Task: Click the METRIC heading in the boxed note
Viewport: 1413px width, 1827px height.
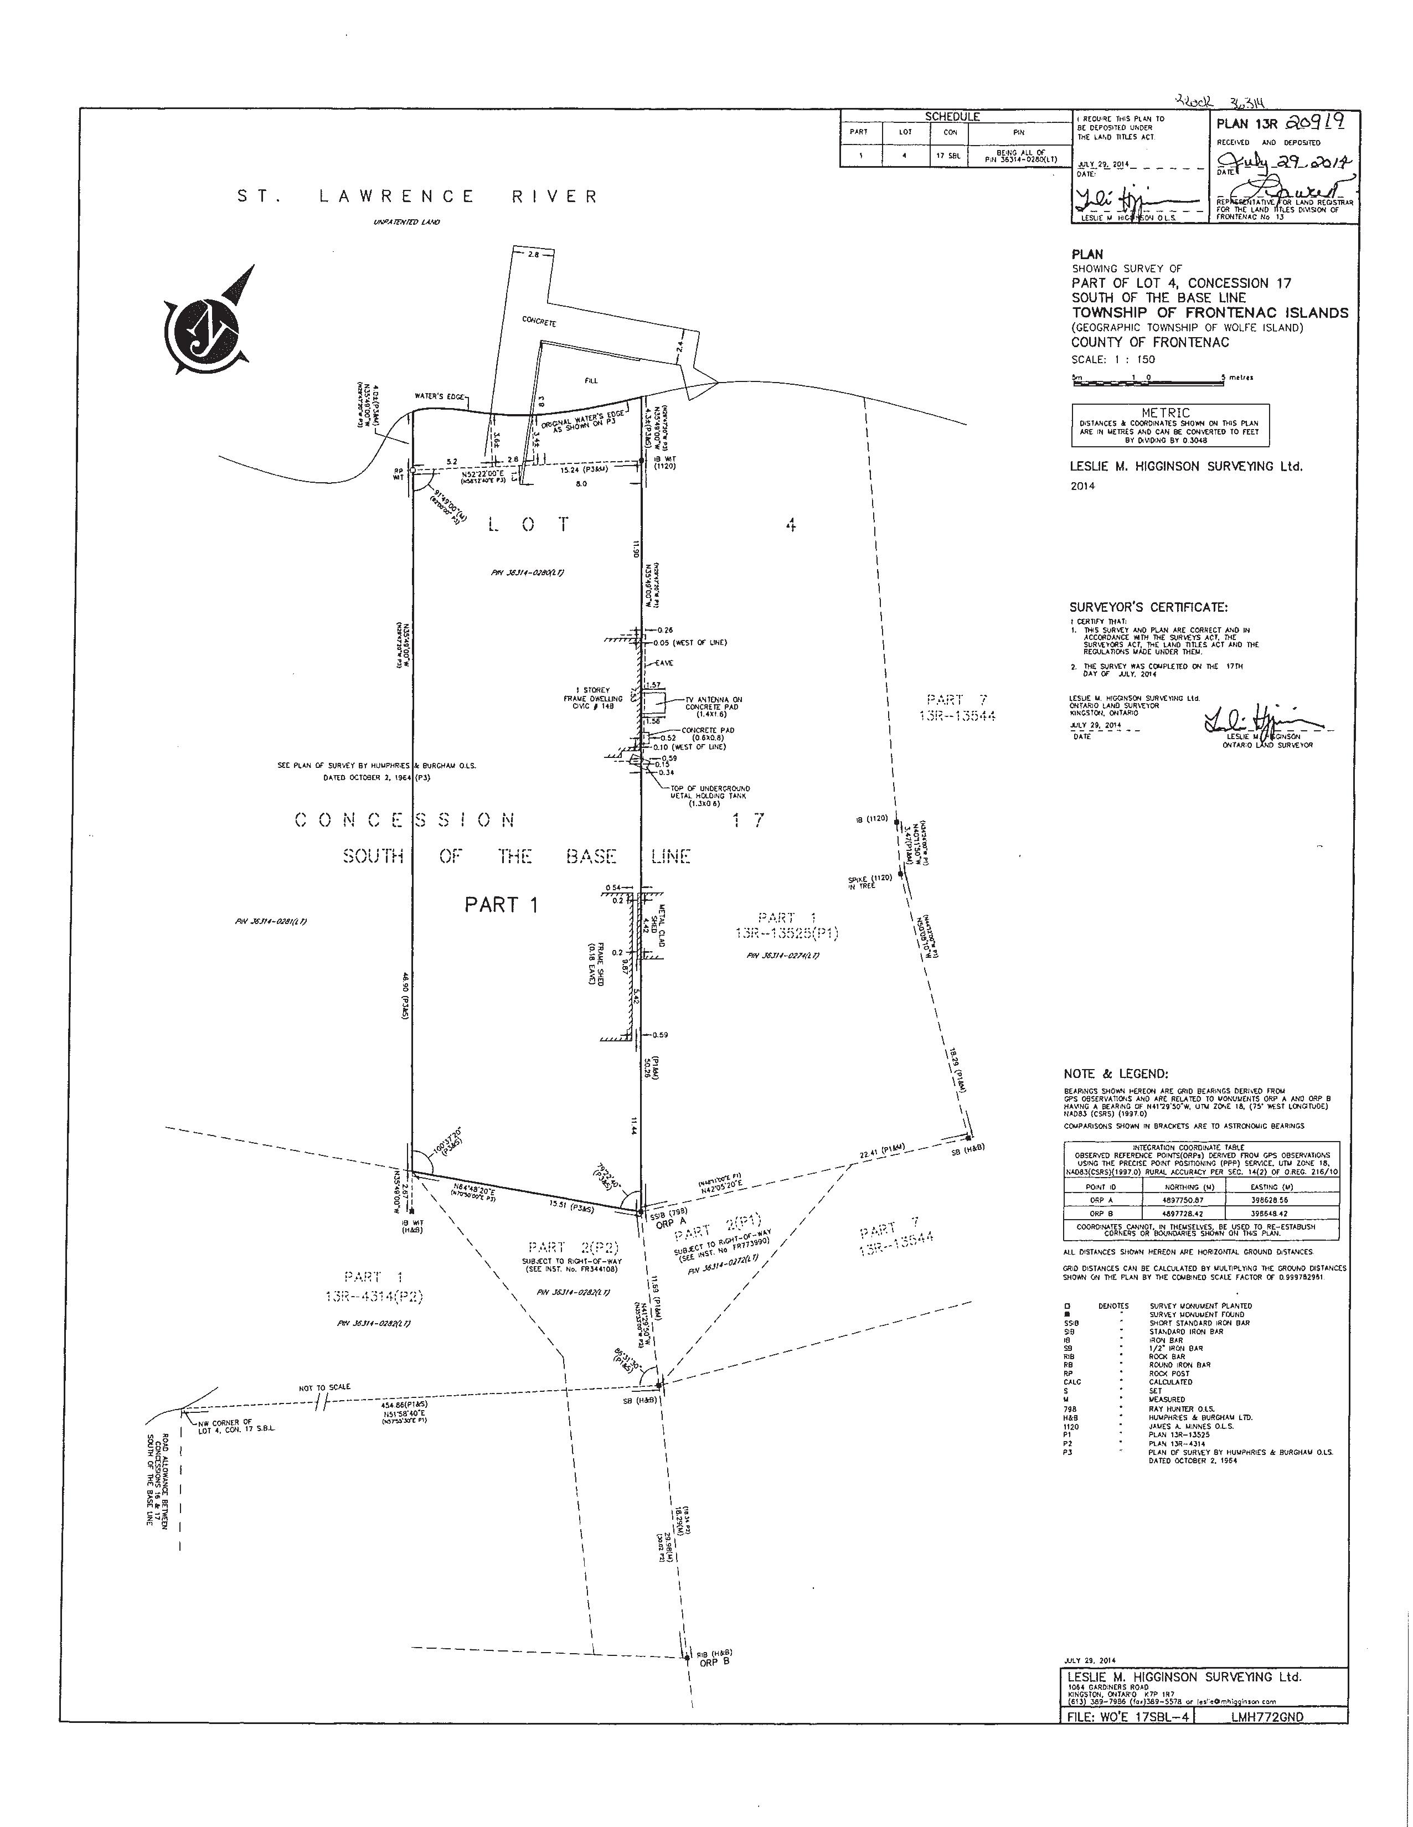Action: pyautogui.click(x=1170, y=412)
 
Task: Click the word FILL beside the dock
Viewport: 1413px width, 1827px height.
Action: pyautogui.click(x=593, y=380)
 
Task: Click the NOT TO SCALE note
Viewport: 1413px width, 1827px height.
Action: pyautogui.click(x=324, y=1387)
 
